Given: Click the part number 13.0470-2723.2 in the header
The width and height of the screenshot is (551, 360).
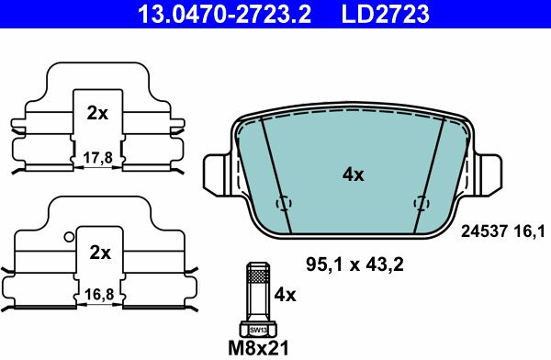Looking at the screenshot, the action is tap(224, 14).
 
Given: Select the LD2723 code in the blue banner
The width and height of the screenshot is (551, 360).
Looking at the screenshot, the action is tap(385, 14).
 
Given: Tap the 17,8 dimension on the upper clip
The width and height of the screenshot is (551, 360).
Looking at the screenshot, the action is tap(97, 158).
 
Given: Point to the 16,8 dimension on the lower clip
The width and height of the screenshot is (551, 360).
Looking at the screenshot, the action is tap(99, 294).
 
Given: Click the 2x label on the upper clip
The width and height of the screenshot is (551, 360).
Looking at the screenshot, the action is tap(97, 113).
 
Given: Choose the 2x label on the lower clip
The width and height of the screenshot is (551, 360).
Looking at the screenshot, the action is tap(100, 253).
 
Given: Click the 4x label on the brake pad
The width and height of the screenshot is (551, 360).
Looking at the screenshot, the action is tap(354, 174).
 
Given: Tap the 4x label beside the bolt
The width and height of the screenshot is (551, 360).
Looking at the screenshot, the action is tap(285, 295).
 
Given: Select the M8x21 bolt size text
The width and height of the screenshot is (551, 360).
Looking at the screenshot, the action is tap(258, 348).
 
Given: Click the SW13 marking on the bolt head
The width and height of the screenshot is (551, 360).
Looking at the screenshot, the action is tap(258, 331).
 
